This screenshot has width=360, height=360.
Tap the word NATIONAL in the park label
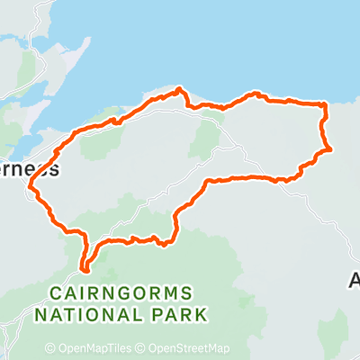[82, 314]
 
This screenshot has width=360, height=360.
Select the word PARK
[177, 314]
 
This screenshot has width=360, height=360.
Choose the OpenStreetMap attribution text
[190, 349]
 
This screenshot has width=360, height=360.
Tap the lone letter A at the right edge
[354, 282]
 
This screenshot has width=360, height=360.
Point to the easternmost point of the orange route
[332, 148]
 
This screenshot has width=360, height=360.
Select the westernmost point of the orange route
[30, 188]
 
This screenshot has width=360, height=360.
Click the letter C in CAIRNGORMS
[57, 293]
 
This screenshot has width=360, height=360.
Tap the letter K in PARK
[202, 314]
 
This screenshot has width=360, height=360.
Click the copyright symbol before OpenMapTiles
[50, 349]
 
